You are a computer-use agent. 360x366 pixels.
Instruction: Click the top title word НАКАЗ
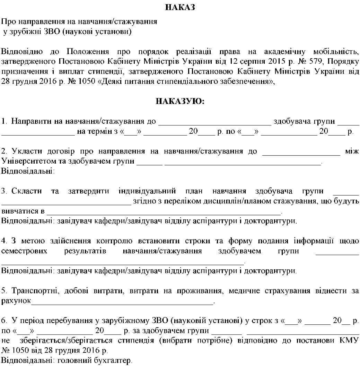coord(180,7)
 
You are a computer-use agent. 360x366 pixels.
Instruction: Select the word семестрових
coord(24,251)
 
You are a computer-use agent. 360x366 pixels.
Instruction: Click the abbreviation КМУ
coord(350,340)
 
